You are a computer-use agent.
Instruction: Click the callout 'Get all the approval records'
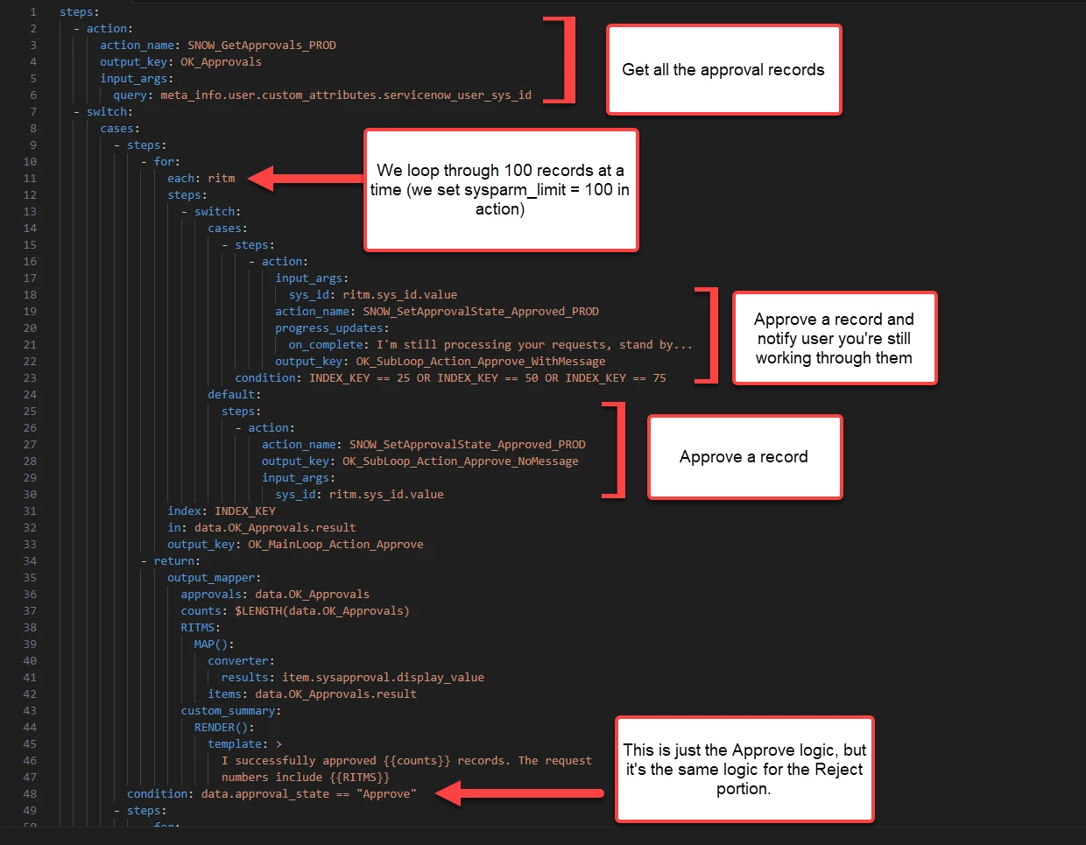click(x=723, y=70)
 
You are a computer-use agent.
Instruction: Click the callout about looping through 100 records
click(x=501, y=190)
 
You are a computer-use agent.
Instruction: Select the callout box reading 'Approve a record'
click(x=744, y=457)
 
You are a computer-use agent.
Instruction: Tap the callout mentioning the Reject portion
click(x=744, y=769)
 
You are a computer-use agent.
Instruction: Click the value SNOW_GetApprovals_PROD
click(x=261, y=46)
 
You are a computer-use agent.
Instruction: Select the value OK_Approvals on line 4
click(x=221, y=62)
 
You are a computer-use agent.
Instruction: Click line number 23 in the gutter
click(x=30, y=378)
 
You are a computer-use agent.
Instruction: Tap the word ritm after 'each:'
click(x=222, y=179)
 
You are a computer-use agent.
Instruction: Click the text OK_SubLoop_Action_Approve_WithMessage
click(x=480, y=362)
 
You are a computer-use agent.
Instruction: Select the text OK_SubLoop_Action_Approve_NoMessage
click(x=460, y=461)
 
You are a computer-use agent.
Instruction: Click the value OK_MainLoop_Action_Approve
click(x=335, y=545)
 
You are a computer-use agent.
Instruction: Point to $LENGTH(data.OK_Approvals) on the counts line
click(x=321, y=611)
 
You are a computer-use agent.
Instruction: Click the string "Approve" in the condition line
click(x=386, y=794)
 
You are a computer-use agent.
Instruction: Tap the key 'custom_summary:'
click(x=230, y=711)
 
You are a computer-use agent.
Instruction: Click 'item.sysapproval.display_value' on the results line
click(x=383, y=678)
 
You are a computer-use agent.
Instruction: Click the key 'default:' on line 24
click(x=234, y=395)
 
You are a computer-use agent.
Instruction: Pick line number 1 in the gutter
click(x=32, y=12)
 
